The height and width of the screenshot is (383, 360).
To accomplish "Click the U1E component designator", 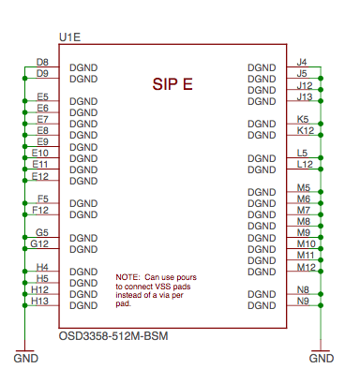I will click(69, 37).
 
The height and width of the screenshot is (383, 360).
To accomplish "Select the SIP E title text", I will click(172, 84).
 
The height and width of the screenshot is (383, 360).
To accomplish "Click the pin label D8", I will click(42, 62).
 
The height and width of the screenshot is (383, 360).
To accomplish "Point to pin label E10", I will click(40, 153).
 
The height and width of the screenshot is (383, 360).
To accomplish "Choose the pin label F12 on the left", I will click(40, 210).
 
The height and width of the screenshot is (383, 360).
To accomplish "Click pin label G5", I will click(42, 232).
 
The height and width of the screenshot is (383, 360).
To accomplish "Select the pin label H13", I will click(40, 301).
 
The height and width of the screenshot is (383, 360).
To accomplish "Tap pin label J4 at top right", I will click(302, 62).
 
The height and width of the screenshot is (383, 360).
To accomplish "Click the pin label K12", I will click(304, 130).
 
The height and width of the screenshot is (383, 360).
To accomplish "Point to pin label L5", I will click(302, 153).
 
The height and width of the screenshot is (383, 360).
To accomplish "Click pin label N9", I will click(302, 301).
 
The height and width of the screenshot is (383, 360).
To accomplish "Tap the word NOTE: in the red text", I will click(127, 278).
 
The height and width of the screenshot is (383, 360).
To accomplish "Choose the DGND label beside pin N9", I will click(262, 305).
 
